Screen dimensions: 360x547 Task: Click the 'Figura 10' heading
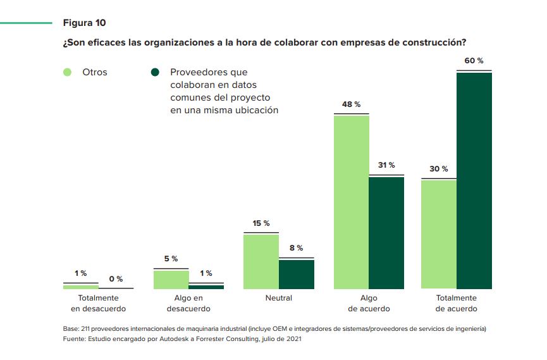pyautogui.click(x=84, y=23)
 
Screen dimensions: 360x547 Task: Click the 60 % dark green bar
pyautogui.click(x=474, y=180)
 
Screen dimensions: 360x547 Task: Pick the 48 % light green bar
pyautogui.click(x=351, y=202)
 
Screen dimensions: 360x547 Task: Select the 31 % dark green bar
pyautogui.click(x=386, y=233)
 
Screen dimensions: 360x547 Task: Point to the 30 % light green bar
pyautogui.click(x=439, y=234)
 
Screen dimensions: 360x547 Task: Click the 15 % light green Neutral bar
pyautogui.click(x=261, y=261)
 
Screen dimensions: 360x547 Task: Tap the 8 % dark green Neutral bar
pyautogui.click(x=297, y=274)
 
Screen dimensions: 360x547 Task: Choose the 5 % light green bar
pyautogui.click(x=171, y=279)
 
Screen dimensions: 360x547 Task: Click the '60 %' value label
pyautogui.click(x=474, y=61)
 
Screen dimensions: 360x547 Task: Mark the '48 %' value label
pyautogui.click(x=351, y=104)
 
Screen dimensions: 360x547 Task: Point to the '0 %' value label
pyautogui.click(x=116, y=279)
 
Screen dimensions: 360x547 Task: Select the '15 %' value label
pyautogui.click(x=261, y=223)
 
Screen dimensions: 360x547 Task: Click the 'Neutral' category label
pyautogui.click(x=279, y=297)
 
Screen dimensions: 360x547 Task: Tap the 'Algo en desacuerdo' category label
pyautogui.click(x=188, y=303)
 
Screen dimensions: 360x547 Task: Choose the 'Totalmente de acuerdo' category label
pyautogui.click(x=457, y=303)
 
